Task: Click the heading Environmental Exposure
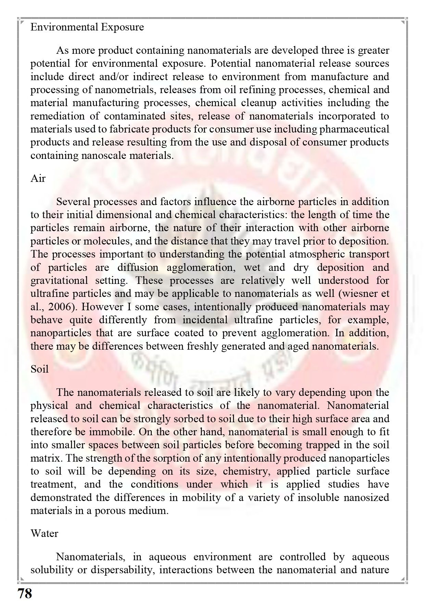coord(87,27)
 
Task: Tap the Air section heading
coord(38,178)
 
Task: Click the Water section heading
coord(44,533)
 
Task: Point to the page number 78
coord(24,593)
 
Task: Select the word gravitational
coord(59,280)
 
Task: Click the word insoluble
coord(320,497)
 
